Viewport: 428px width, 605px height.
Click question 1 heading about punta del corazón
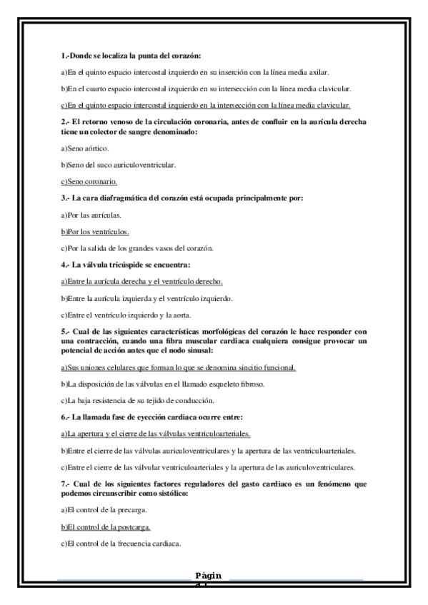[131, 56]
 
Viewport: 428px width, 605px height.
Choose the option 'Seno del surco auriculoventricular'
[119, 165]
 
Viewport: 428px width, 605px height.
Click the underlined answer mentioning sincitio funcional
[179, 367]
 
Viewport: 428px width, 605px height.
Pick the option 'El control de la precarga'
[105, 510]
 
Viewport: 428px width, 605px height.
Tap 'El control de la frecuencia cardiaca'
[121, 544]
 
